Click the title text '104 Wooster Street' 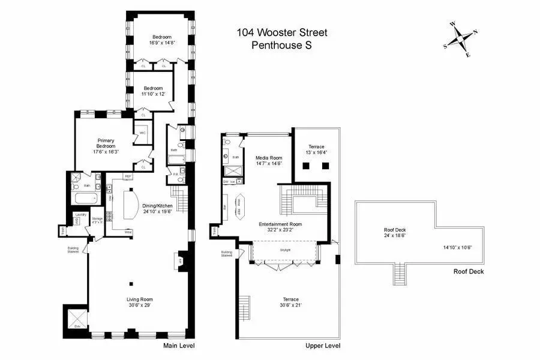click(281, 32)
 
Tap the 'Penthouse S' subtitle click(281, 44)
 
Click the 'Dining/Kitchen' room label click(157, 206)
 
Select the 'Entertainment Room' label click(280, 224)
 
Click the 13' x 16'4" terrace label click(316, 152)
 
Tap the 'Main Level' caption click(179, 346)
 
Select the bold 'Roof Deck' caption click(468, 271)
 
